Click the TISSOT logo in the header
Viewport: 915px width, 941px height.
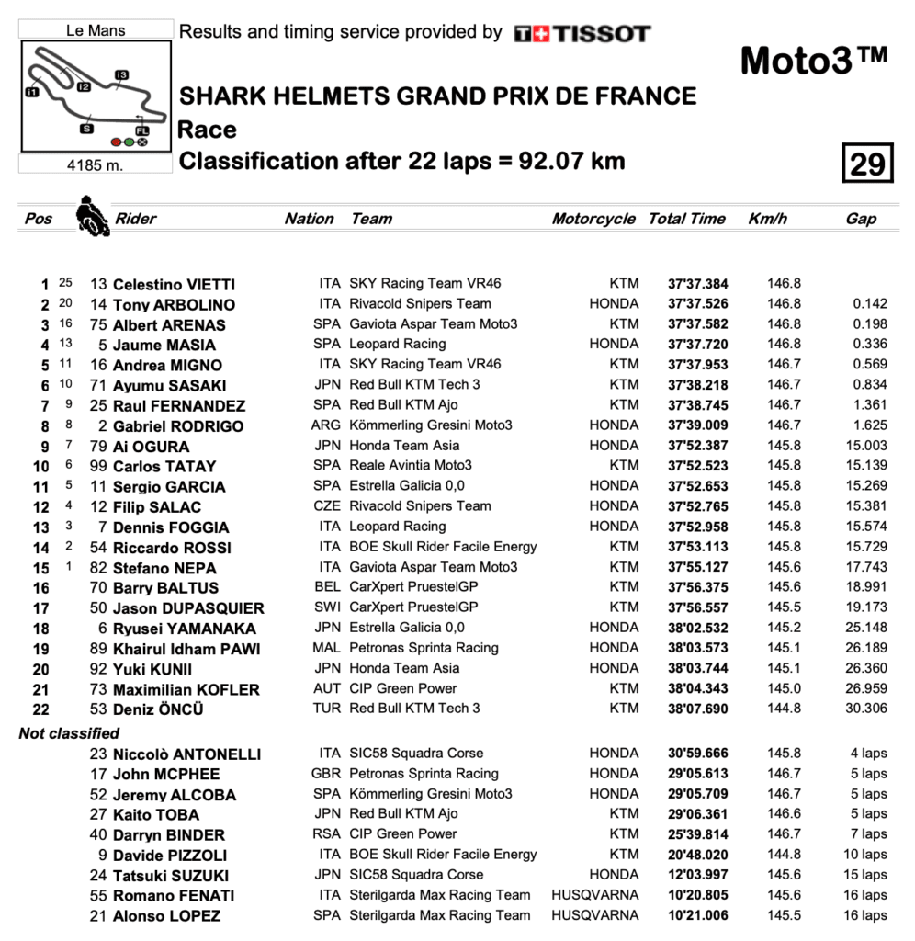(582, 34)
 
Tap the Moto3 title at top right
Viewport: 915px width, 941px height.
(813, 61)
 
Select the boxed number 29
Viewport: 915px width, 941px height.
(866, 164)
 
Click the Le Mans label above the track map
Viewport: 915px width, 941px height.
(96, 30)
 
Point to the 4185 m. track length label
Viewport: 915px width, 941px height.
(96, 165)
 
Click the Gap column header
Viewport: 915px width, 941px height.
(861, 219)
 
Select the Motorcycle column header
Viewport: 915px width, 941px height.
(593, 219)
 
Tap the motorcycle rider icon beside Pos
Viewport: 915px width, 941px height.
(92, 216)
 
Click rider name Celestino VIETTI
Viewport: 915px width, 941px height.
(174, 285)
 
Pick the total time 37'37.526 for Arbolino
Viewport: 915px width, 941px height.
(697, 304)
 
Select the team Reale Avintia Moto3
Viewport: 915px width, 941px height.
(411, 466)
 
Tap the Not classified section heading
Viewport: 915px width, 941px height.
(69, 733)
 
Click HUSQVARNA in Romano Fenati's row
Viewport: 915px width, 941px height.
(594, 895)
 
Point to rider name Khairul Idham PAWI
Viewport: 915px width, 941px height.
(186, 649)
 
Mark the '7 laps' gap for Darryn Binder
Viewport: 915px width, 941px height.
(868, 834)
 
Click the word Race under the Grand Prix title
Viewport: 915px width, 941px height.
(207, 130)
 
